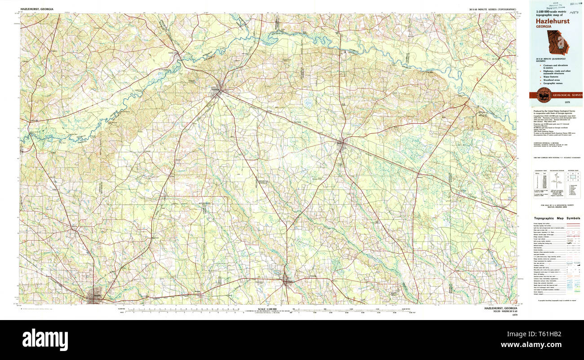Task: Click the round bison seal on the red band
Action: click(x=544, y=95)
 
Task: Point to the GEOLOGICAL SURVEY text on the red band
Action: click(x=567, y=95)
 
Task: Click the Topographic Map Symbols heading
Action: click(x=557, y=218)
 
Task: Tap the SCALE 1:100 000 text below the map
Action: click(x=269, y=310)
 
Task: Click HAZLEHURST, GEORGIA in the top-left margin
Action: click(x=36, y=9)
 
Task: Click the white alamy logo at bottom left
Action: click(x=45, y=339)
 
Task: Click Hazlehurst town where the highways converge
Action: click(x=218, y=91)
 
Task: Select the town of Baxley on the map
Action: click(x=341, y=145)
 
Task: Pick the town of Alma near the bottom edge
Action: click(x=287, y=281)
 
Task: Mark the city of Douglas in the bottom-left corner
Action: click(x=95, y=295)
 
